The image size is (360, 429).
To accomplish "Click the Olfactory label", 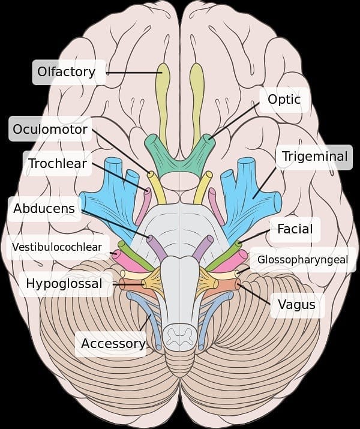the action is (x=66, y=71).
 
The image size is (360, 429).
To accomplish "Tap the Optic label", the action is (x=284, y=100).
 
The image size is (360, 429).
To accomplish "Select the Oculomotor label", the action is (x=50, y=129).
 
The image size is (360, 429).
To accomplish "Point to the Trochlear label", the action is (x=58, y=163).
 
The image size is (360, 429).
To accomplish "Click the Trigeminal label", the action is (x=314, y=157).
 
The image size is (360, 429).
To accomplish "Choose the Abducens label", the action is (x=44, y=208).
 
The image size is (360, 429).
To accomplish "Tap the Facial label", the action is (x=295, y=229).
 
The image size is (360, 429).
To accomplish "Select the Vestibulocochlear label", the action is (x=57, y=247).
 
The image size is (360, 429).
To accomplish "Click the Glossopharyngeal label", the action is (x=302, y=260).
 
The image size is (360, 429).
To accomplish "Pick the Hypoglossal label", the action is (x=64, y=284).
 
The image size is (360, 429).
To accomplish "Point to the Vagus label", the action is (x=296, y=304).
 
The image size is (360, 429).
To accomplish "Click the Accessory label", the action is (x=113, y=343).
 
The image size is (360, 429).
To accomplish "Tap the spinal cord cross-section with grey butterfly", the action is (x=180, y=337).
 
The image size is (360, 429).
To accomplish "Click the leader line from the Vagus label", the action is (x=254, y=293).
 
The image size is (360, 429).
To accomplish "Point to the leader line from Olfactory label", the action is (x=134, y=73).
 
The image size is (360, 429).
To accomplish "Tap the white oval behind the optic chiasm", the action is (x=180, y=181).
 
